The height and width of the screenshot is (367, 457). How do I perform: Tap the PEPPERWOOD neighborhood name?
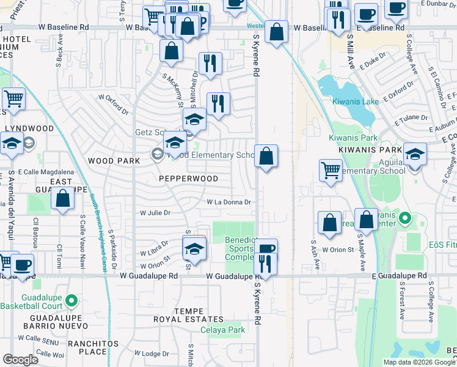click(188, 179)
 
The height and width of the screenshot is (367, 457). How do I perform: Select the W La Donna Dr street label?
click(229, 202)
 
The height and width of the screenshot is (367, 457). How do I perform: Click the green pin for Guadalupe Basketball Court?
click(71, 300)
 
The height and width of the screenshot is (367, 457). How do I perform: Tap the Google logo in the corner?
click(20, 360)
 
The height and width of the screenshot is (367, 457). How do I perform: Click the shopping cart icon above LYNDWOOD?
click(13, 98)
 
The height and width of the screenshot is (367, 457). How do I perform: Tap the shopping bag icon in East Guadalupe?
click(62, 198)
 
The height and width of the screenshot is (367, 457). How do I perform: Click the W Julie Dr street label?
click(155, 213)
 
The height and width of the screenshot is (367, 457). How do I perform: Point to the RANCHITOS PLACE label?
click(88, 347)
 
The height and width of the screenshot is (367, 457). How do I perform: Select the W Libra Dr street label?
click(153, 252)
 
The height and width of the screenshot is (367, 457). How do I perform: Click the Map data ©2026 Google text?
click(419, 362)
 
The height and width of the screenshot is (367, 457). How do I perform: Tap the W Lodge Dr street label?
click(155, 354)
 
